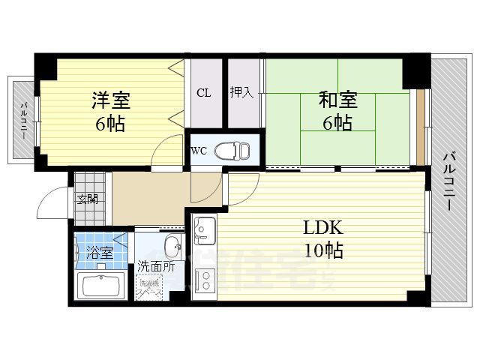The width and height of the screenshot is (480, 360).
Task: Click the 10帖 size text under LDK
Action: click(323, 251)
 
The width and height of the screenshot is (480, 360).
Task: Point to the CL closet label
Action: click(203, 94)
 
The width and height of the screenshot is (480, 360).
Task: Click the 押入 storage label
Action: click(241, 94)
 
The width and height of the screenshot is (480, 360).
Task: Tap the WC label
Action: click(199, 150)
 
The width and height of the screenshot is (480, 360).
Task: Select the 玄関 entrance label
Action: click(87, 199)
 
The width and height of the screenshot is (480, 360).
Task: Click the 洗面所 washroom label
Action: click(155, 266)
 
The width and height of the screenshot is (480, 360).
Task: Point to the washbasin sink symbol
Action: click(172, 247)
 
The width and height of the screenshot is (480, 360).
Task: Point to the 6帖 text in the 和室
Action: click(338, 123)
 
